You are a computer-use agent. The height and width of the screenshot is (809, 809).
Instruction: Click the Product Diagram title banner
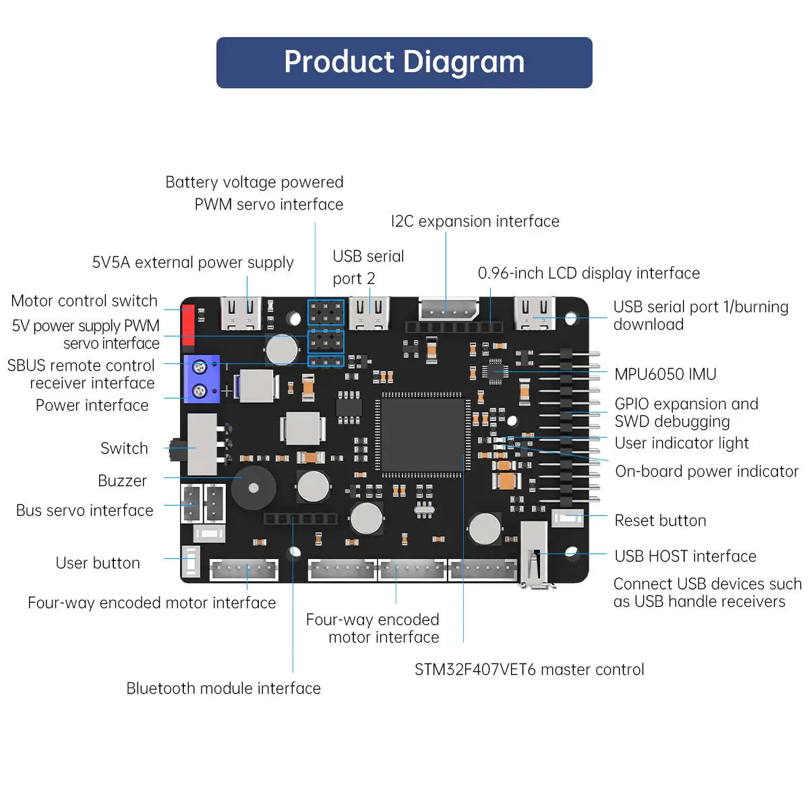pos(404,62)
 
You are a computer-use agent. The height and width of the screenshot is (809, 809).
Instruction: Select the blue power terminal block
pos(201,379)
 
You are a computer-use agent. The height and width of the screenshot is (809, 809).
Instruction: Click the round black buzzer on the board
pos(253,487)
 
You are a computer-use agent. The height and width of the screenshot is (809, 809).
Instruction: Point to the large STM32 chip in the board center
pos(421,435)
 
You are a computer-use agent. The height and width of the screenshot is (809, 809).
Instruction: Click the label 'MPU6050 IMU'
pos(665,374)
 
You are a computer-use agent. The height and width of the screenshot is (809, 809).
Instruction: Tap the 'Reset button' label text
pos(660,520)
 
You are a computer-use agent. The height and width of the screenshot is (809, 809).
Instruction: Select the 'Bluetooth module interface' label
pos(223,688)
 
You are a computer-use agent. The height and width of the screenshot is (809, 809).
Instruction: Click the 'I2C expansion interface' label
pos(475,221)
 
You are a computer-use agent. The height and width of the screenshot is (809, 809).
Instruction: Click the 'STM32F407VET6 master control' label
pos(529,669)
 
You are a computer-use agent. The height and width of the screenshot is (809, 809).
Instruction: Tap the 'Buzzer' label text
pos(122,481)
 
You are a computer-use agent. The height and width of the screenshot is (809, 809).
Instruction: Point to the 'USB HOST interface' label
pos(685,556)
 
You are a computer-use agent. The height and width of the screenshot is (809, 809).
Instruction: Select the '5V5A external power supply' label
pos(193,262)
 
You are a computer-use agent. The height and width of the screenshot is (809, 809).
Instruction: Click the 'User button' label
pos(98,563)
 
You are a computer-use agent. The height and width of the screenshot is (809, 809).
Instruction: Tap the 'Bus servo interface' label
pos(85,510)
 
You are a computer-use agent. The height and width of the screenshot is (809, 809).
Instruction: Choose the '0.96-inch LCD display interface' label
pos(589,273)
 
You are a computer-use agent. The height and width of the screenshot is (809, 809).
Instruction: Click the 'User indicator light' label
pos(682,443)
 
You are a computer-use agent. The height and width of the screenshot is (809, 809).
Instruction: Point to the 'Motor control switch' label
pos(84,301)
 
